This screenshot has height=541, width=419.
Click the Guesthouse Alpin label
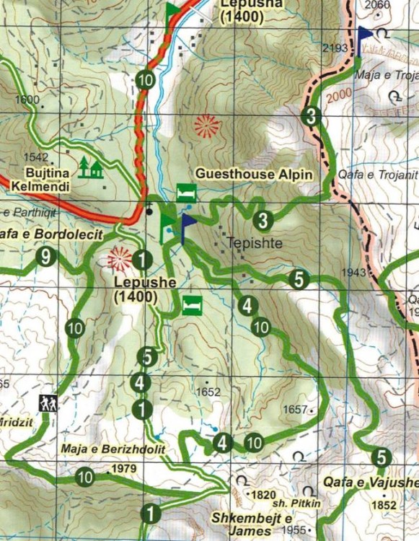point(254,175)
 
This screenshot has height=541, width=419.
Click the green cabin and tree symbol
point(91,168)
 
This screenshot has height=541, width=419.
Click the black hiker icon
point(50,403)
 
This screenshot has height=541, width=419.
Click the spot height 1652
point(208,392)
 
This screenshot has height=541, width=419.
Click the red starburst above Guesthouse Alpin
point(207,127)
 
